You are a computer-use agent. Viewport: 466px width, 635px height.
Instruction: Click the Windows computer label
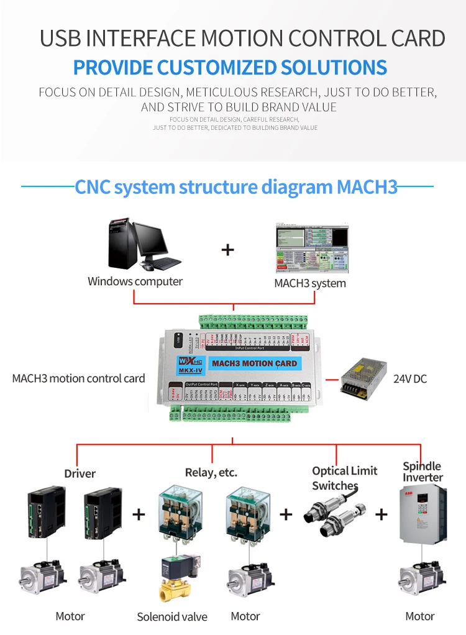tap(135, 281)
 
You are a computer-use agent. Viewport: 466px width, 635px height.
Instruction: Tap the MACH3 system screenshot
tap(312, 249)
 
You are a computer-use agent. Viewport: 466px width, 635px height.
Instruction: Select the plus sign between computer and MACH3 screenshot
tap(228, 250)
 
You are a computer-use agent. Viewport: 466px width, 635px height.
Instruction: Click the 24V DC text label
tap(410, 378)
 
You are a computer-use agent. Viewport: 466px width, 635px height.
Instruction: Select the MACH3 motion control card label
tap(78, 378)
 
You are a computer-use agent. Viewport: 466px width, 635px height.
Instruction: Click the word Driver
tap(80, 473)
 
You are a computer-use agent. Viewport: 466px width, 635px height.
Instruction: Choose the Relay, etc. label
tap(211, 473)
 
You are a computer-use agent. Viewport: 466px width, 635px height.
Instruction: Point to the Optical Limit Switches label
tap(344, 478)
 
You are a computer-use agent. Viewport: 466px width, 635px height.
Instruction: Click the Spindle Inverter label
tap(423, 472)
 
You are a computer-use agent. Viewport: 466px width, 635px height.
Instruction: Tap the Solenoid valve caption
tap(172, 617)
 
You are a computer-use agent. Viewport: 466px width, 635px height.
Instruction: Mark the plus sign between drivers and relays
tap(139, 514)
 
